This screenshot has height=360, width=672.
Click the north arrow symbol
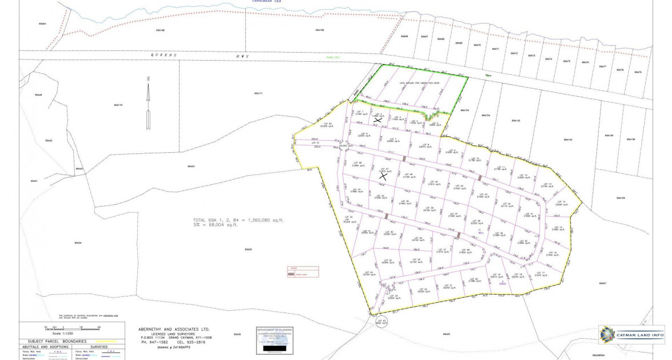[x=148, y=103]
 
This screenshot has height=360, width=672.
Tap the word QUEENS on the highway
[x=158, y=55]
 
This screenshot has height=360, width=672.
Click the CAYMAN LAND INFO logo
[x=624, y=335]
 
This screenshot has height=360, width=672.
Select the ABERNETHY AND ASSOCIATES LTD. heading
[x=174, y=330]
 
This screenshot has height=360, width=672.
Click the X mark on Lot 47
[x=384, y=176]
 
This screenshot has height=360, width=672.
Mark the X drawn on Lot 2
[x=377, y=120]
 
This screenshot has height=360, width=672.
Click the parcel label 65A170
[x=118, y=105]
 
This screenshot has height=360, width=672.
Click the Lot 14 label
[x=561, y=203]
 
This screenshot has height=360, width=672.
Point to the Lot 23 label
[x=392, y=296]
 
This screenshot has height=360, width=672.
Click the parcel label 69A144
[x=567, y=140]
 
